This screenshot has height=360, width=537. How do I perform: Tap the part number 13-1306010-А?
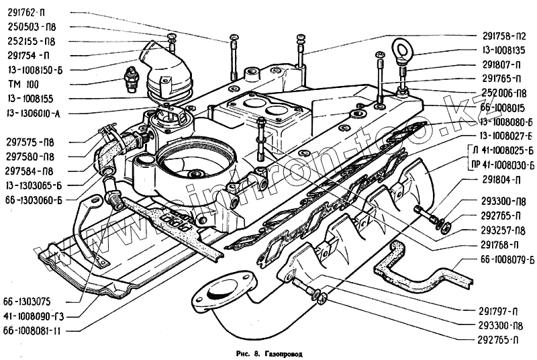[34, 112]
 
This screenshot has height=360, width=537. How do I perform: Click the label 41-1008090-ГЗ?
[34, 316]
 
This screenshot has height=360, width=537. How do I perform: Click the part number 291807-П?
[501, 65]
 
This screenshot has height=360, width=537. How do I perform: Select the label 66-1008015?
[503, 107]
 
